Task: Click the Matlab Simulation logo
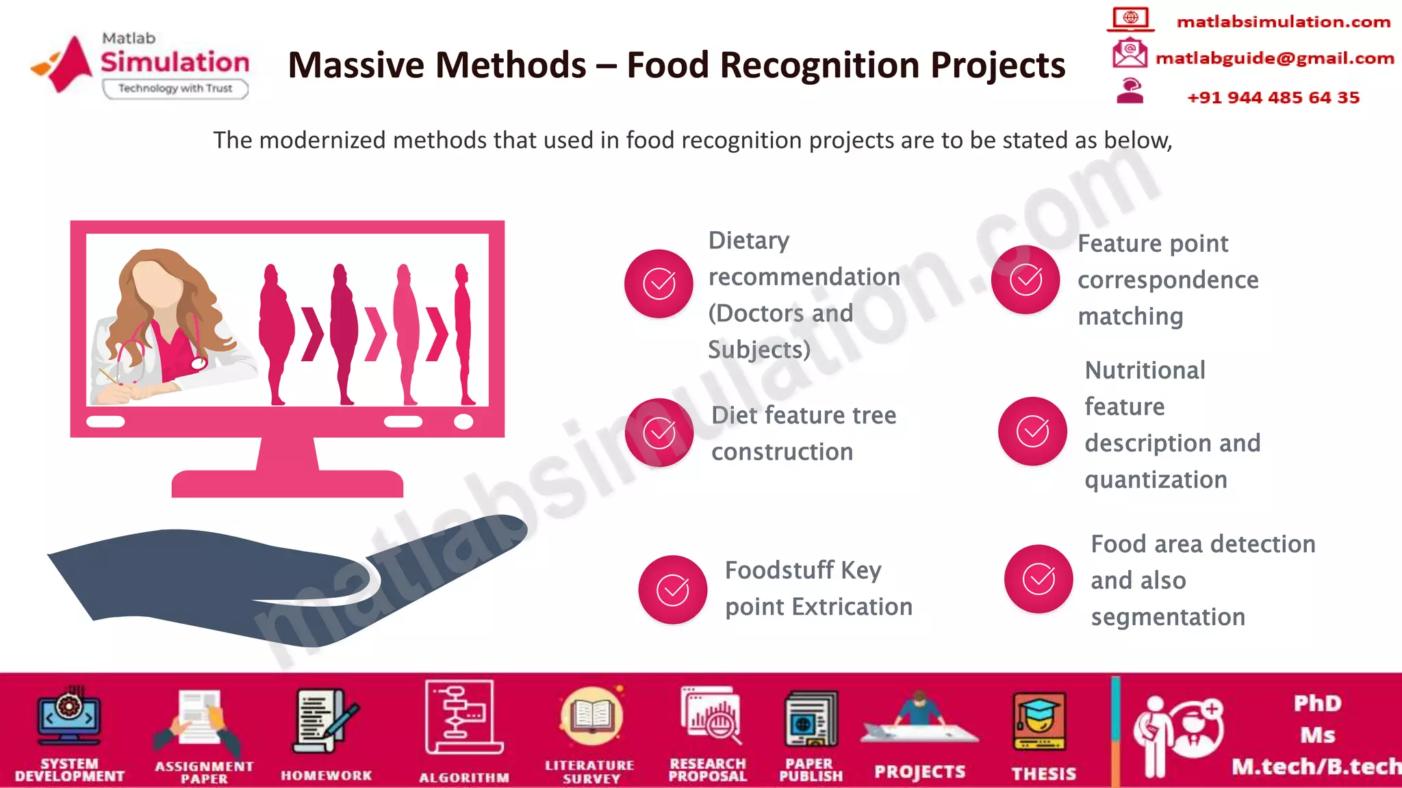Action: pyautogui.click(x=140, y=66)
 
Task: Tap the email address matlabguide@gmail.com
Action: pyautogui.click(x=1275, y=58)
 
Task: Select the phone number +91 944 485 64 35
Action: pyautogui.click(x=1273, y=97)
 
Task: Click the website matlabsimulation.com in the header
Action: pyautogui.click(x=1284, y=22)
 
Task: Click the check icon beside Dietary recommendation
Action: pyautogui.click(x=659, y=284)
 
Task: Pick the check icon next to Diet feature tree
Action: pyautogui.click(x=659, y=432)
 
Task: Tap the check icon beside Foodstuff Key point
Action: pyautogui.click(x=673, y=590)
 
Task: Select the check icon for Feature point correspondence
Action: pyautogui.click(x=1025, y=280)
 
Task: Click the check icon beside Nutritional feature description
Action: pyautogui.click(x=1032, y=431)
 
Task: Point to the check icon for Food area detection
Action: pyautogui.click(x=1038, y=579)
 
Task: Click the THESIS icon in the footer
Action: pyautogui.click(x=1039, y=722)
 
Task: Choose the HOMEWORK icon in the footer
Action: pyautogui.click(x=324, y=722)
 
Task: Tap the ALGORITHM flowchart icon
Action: pyautogui.click(x=463, y=718)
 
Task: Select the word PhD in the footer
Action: pyautogui.click(x=1317, y=703)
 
